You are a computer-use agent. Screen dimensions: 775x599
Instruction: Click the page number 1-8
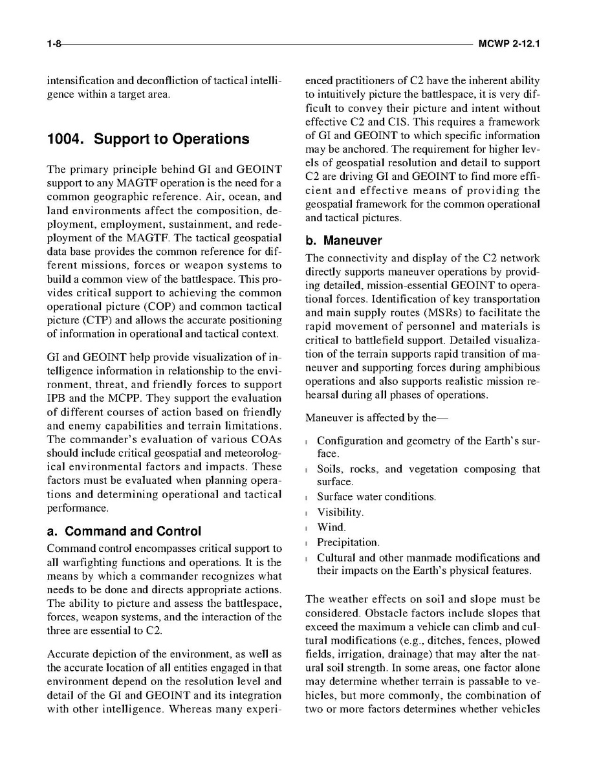tap(54, 45)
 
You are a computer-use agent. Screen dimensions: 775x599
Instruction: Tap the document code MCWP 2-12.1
tap(509, 45)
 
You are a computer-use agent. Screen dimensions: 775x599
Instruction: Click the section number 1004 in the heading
tap(67, 139)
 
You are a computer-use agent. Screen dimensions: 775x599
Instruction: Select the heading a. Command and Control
tap(124, 532)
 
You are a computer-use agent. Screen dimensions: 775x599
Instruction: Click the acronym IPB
tap(58, 398)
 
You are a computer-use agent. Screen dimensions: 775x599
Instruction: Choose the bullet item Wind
tap(331, 527)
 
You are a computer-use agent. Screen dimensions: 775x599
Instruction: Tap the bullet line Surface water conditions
tap(376, 497)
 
